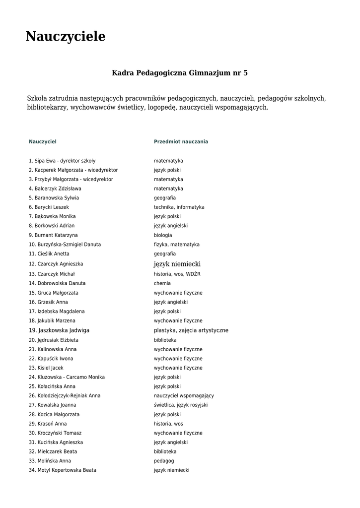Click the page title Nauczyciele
(66, 37)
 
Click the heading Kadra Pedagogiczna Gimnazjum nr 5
(180, 73)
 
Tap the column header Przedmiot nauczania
(181, 142)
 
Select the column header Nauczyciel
(43, 142)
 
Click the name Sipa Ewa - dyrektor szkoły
(62, 161)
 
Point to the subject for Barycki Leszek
(179, 207)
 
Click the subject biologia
(163, 235)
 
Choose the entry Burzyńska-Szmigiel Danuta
(65, 245)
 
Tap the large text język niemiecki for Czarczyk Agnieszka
(177, 264)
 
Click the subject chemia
(162, 283)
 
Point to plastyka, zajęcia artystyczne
(191, 330)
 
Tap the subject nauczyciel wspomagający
(184, 396)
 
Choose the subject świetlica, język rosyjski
(181, 405)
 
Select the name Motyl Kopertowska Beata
(63, 470)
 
